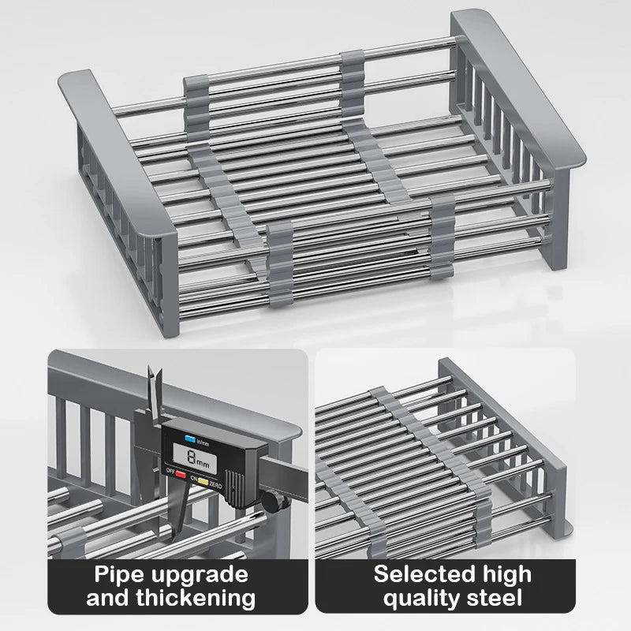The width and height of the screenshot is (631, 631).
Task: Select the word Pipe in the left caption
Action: (x=121, y=573)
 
